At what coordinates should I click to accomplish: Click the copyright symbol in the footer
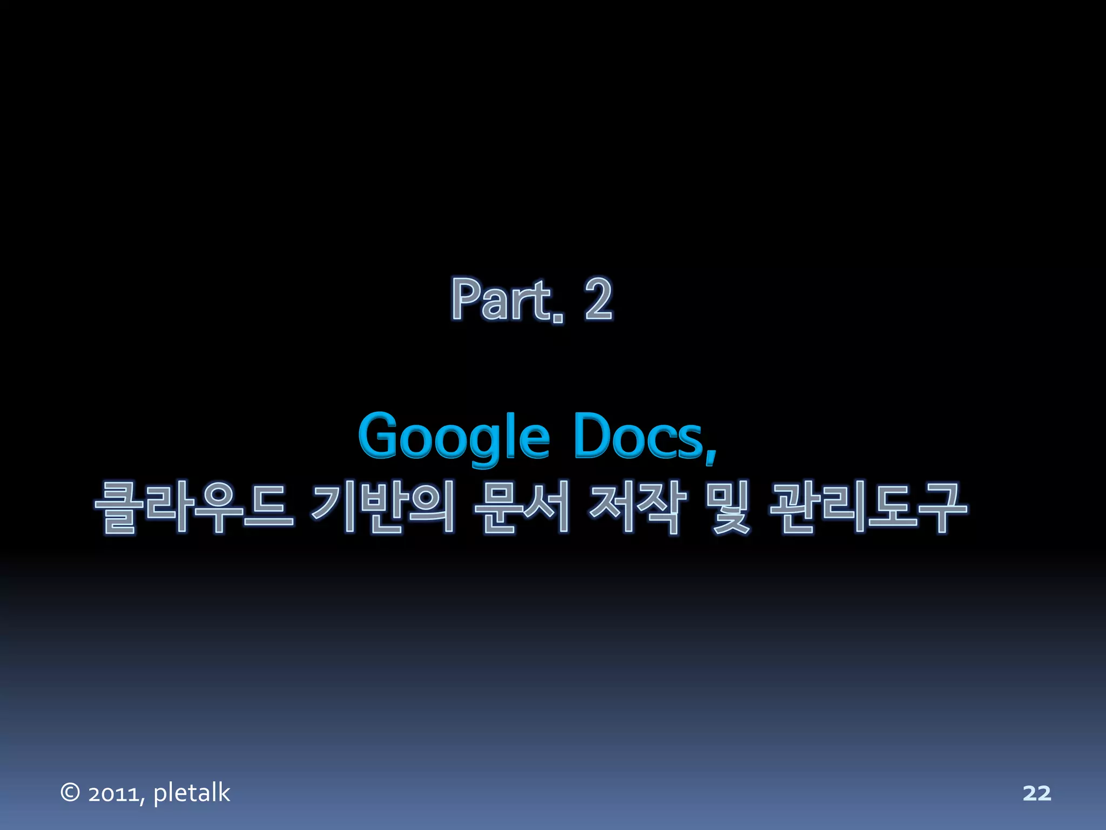70,793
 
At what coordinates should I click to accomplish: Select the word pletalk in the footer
192,793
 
